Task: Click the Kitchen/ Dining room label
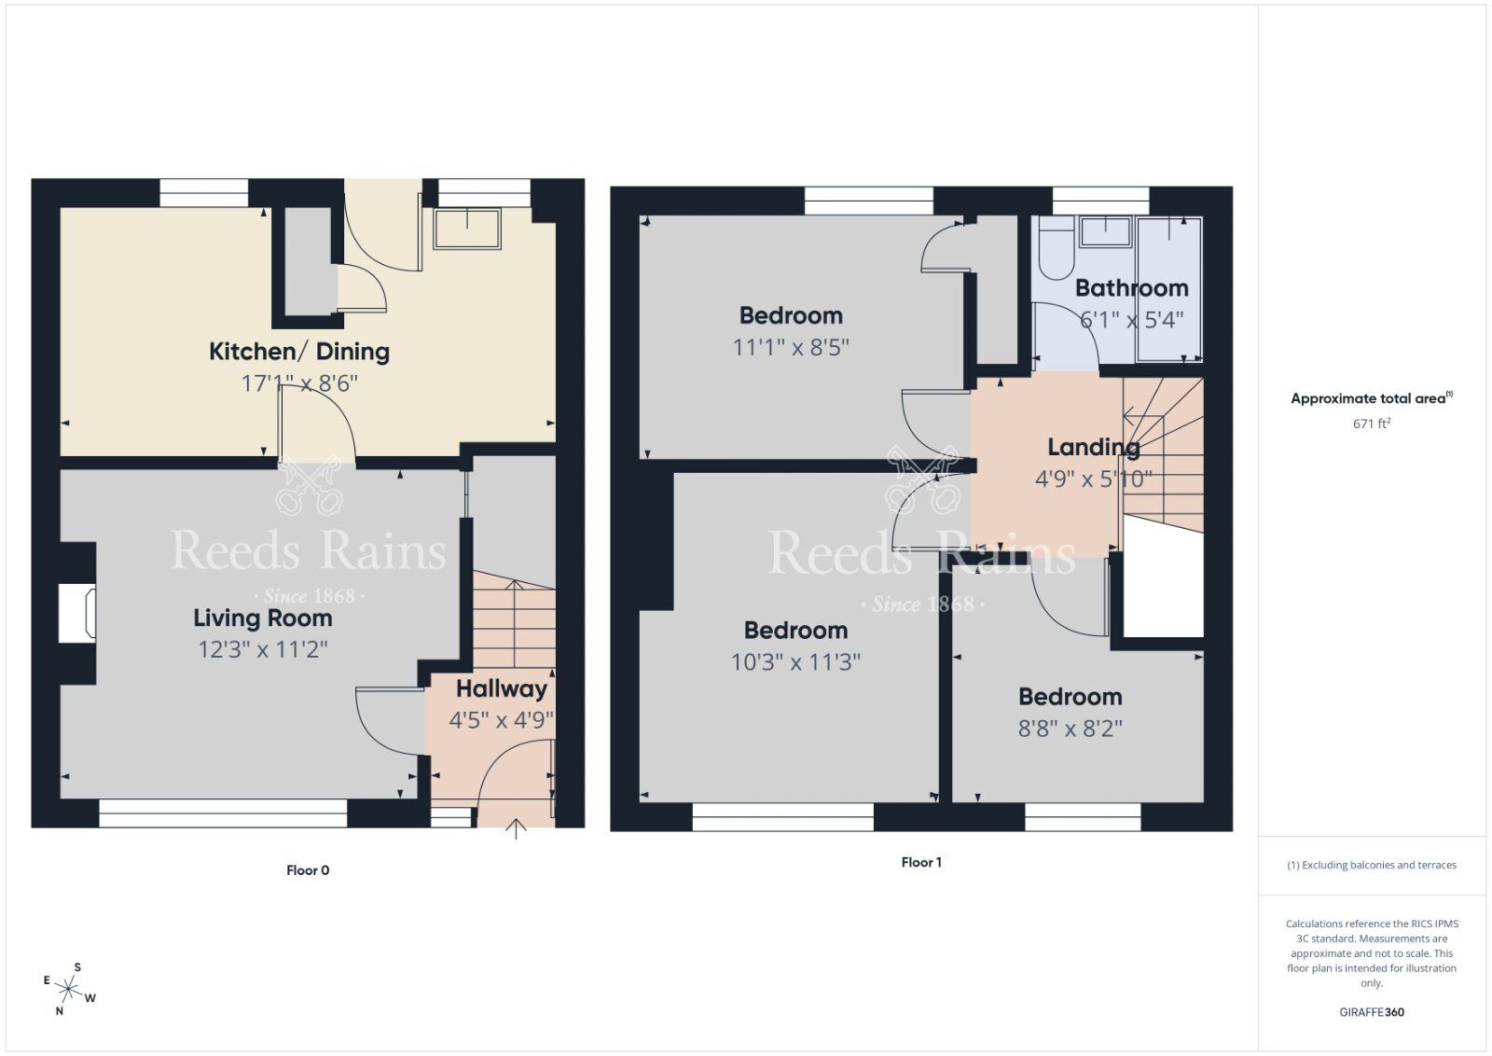(298, 352)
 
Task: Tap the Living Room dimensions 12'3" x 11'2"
(263, 649)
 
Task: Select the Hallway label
(501, 689)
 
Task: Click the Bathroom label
(1131, 288)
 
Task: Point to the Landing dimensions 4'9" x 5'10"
(1093, 479)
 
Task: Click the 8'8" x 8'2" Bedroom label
(1070, 697)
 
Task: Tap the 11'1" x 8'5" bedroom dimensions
(791, 348)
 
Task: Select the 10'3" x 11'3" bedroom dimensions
(795, 662)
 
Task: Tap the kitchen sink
(466, 228)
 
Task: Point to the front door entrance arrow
(516, 828)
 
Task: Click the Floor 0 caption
(307, 870)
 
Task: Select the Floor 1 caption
(920, 863)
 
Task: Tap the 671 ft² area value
(1371, 424)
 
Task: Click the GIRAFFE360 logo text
(1371, 1012)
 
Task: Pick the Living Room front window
(223, 813)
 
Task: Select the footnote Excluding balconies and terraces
(1371, 866)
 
